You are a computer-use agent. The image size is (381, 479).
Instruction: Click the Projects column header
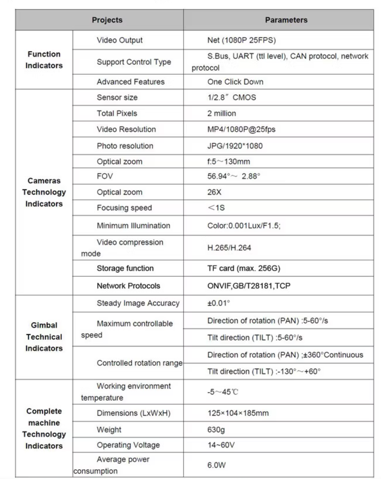(107, 20)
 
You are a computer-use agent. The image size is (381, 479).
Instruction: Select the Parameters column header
(286, 20)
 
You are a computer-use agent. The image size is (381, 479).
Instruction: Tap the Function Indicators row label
(44, 60)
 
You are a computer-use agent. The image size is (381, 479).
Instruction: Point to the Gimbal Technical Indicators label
(44, 337)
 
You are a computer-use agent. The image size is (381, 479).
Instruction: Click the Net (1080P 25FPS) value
(242, 40)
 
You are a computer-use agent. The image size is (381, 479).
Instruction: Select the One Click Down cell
(235, 82)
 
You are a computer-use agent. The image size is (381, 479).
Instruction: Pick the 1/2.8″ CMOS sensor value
(231, 97)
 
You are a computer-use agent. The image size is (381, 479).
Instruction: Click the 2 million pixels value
(221, 114)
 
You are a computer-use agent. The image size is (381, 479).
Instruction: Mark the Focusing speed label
(124, 208)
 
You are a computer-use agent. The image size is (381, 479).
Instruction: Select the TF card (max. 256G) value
(243, 268)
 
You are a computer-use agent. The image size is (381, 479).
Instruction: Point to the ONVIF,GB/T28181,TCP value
(249, 286)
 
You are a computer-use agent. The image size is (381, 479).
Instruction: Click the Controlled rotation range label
(139, 363)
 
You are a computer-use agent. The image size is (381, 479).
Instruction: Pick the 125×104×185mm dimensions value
(238, 413)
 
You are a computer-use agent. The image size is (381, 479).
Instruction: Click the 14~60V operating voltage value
(221, 445)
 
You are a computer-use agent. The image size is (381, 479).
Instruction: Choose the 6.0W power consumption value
(217, 465)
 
